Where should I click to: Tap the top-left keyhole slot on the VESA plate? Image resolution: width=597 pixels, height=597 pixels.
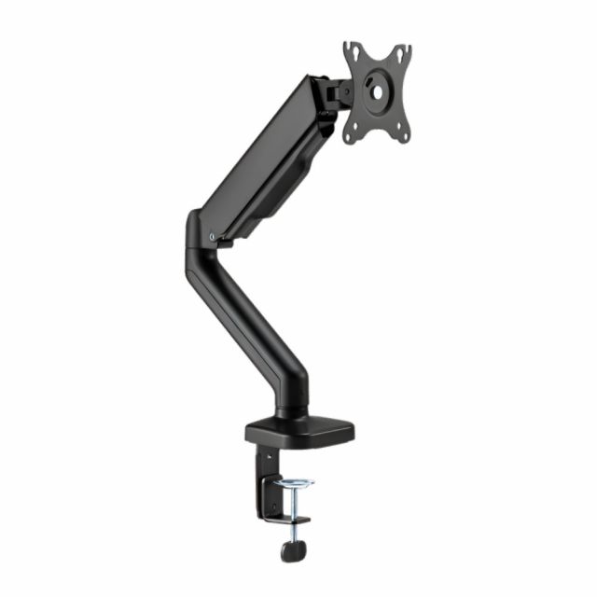point(352,53)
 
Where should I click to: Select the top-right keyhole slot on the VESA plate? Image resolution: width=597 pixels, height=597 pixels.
point(404,53)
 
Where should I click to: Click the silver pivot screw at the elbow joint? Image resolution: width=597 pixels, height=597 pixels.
point(214,236)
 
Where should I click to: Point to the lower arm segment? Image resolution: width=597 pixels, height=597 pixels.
point(247,317)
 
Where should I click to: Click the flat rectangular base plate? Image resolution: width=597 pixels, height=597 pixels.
point(300,431)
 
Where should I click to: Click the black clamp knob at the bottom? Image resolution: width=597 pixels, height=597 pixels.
point(298,550)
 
